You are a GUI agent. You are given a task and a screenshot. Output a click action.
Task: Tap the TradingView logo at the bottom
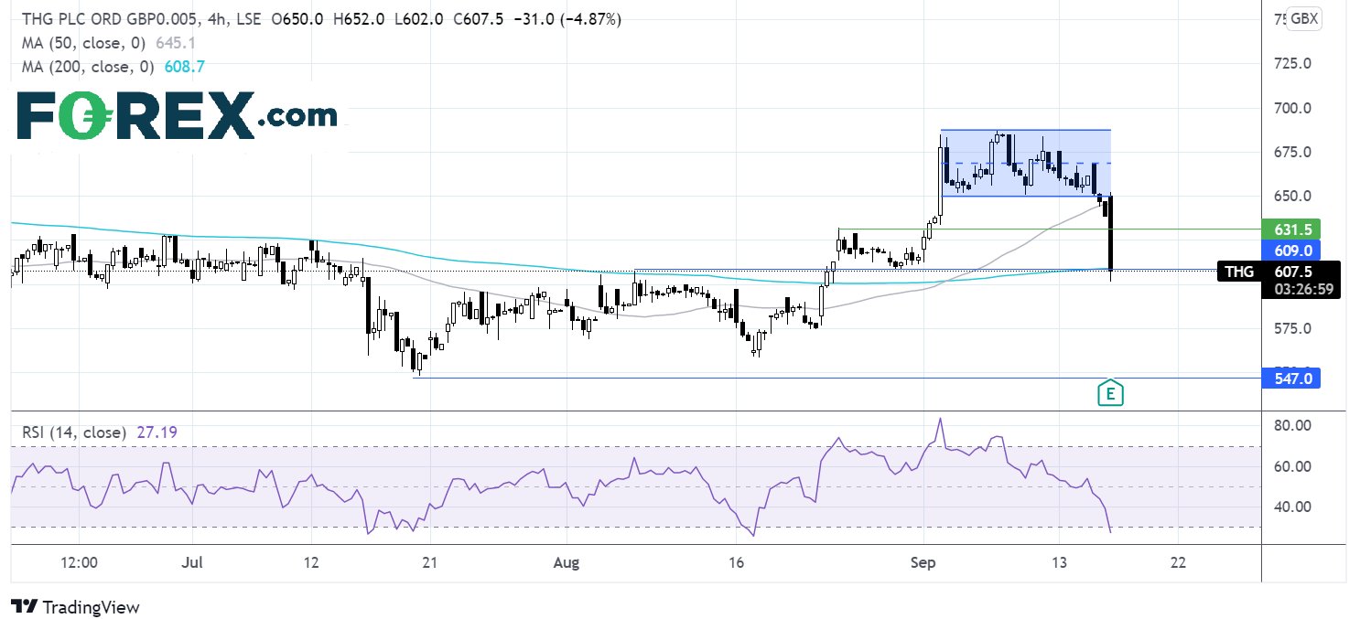tap(75, 606)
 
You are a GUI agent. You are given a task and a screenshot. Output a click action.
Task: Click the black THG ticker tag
tap(1241, 271)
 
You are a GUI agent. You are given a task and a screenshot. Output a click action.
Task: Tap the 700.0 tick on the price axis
tap(1292, 108)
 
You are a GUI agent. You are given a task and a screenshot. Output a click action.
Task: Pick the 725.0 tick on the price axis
tap(1292, 64)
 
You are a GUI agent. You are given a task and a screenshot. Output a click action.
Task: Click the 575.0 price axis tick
tap(1292, 328)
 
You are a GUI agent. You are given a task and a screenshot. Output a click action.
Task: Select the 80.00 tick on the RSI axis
tap(1292, 425)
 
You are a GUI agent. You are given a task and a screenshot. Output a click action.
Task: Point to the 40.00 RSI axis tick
tap(1292, 507)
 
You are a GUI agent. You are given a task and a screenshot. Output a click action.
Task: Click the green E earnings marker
tap(1110, 392)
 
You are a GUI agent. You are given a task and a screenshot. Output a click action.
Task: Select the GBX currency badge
tap(1303, 19)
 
